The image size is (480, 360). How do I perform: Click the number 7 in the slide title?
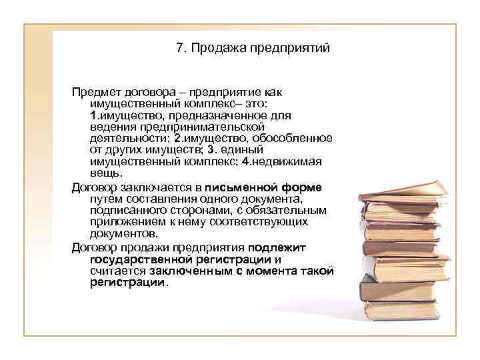pyautogui.click(x=179, y=49)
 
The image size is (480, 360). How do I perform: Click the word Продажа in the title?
pyautogui.click(x=212, y=49)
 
